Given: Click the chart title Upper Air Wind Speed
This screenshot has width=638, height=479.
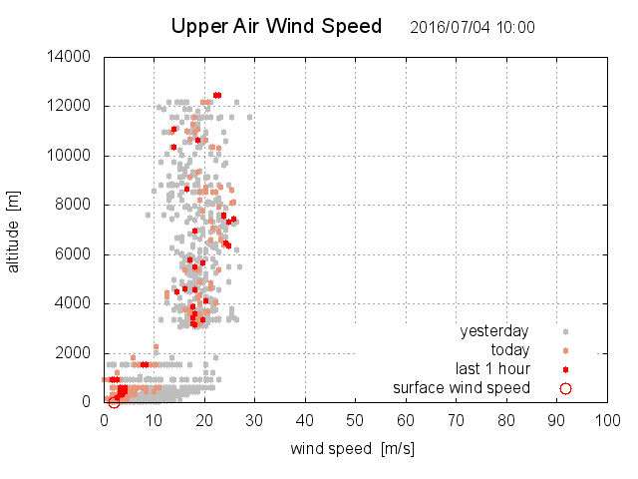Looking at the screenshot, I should (276, 27).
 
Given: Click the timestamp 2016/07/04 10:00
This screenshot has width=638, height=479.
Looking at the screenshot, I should (472, 28).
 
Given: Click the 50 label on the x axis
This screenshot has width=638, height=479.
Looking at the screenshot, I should (355, 420).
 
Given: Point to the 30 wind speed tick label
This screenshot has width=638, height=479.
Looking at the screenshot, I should (255, 420).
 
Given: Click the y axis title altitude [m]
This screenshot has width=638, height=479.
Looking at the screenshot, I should (14, 231).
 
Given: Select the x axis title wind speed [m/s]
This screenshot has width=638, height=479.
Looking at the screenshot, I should (352, 449).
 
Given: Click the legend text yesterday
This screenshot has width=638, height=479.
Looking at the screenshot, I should (493, 331).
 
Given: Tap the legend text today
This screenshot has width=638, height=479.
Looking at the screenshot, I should (509, 350).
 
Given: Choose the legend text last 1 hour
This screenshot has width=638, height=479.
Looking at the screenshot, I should (491, 369).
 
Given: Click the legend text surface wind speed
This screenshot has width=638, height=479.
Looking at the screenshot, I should (461, 388).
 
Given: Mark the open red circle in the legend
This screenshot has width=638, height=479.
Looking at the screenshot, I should (565, 388).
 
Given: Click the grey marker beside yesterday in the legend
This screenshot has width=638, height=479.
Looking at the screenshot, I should (565, 331).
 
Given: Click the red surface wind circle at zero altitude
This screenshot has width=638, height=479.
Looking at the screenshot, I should (114, 402).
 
